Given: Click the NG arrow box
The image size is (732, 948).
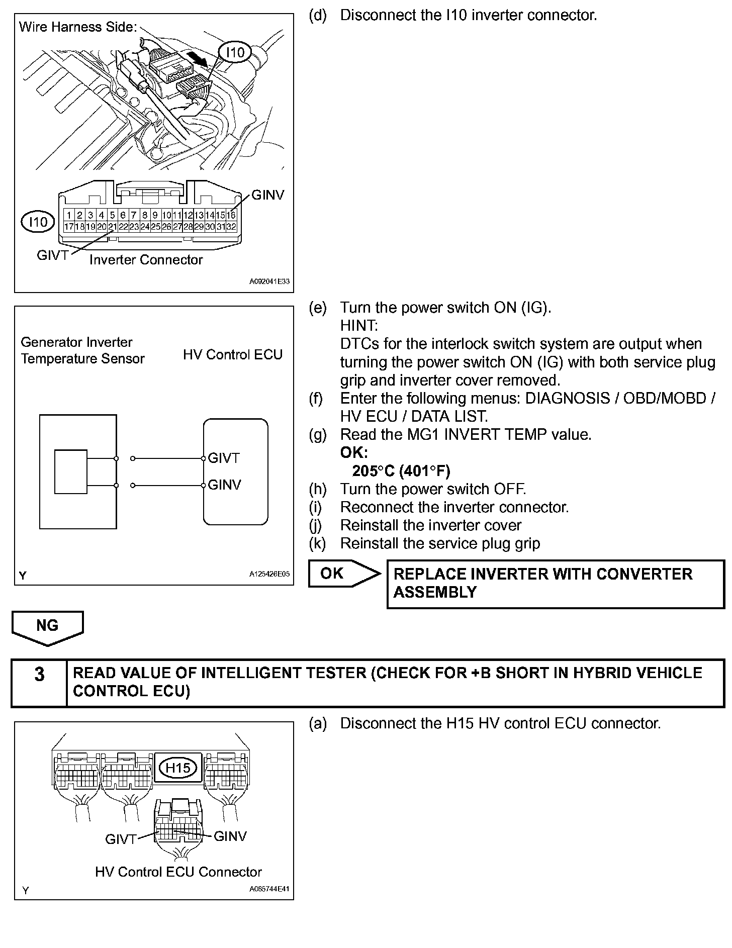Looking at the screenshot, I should pos(47,626).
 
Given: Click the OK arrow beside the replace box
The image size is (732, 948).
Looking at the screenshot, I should pos(342,574).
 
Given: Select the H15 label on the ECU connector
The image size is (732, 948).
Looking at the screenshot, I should pos(178,768).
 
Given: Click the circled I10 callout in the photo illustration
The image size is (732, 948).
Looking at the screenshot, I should pos(235,52).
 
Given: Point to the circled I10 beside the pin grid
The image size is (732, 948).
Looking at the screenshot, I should pos(38,222).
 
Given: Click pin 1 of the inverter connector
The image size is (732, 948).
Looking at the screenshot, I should pos(69,215).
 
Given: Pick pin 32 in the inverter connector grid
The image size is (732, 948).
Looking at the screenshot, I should pos(231,227).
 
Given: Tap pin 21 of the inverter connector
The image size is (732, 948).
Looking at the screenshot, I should pos(113,227).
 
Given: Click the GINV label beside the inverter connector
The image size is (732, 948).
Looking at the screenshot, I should pos(267,195).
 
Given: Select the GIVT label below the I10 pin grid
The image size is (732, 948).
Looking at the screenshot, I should pos(52,255).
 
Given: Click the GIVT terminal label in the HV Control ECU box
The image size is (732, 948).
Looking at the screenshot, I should pos(224,458).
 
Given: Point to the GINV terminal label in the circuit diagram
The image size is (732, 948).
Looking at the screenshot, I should pos(224,485).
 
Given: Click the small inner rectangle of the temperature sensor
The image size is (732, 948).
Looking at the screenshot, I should pos(70,471).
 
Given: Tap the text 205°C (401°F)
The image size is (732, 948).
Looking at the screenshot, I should pos(401,471).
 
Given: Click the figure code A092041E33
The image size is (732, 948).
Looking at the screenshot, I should pos(269,281).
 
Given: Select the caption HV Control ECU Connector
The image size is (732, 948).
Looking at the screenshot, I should pos(178,872).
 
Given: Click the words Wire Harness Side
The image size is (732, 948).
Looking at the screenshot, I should pos(78,27).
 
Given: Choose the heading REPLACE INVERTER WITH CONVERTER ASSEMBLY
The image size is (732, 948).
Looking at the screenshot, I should pos(543,583).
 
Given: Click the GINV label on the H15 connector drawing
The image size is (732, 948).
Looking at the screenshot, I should pos(230,836).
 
